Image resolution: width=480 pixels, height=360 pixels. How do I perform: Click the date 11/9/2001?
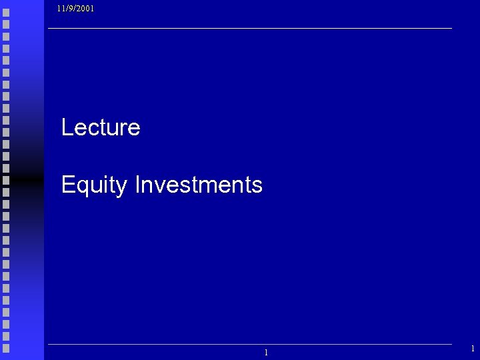[x=75, y=9]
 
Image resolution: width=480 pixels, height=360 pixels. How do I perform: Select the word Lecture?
[x=101, y=127]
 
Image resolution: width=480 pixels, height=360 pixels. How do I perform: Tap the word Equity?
[x=93, y=185]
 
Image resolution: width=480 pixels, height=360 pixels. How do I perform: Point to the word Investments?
[x=199, y=185]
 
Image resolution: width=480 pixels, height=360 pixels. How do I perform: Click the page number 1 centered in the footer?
[x=266, y=353]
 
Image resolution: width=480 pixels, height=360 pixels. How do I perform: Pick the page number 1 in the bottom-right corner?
[x=473, y=349]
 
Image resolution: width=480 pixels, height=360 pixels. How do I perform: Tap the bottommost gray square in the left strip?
[x=6, y=347]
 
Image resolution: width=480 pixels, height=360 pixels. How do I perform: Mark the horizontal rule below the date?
[x=249, y=29]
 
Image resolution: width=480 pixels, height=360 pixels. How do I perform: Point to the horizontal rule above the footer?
[x=249, y=344]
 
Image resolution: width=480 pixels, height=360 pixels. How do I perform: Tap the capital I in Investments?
[x=137, y=185]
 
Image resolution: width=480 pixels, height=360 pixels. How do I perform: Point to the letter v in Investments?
[x=160, y=186]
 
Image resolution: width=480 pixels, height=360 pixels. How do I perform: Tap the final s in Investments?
[x=258, y=186]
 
